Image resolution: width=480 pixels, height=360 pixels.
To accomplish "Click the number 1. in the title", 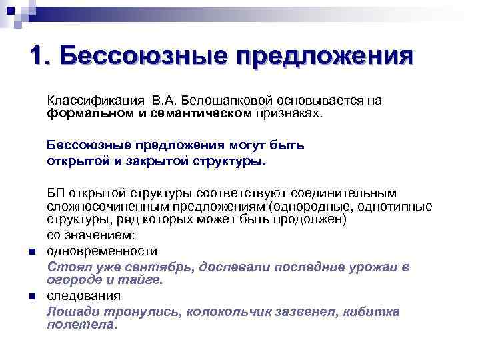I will pyautogui.click(x=39, y=55).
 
